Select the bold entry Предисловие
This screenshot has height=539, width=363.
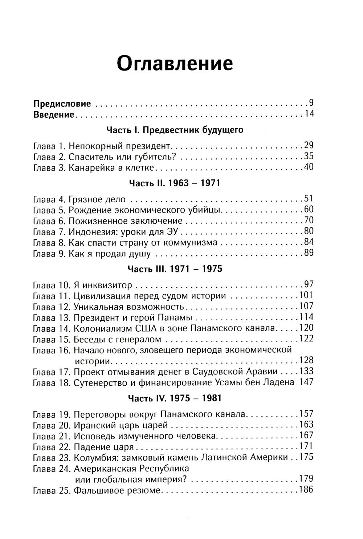pos(62,104)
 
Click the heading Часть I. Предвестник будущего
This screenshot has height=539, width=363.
pos(175,130)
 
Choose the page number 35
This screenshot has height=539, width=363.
pos(308,157)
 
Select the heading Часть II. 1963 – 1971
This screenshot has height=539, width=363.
pos(175,183)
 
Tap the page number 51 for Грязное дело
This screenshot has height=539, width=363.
pos(308,199)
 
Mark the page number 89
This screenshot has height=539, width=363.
pos(308,253)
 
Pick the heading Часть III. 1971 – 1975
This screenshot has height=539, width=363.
pos(175,269)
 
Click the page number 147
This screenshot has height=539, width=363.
pos(306,382)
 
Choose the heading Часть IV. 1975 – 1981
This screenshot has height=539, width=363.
pos(175,398)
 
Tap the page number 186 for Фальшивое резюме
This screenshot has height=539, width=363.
pos(306,490)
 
